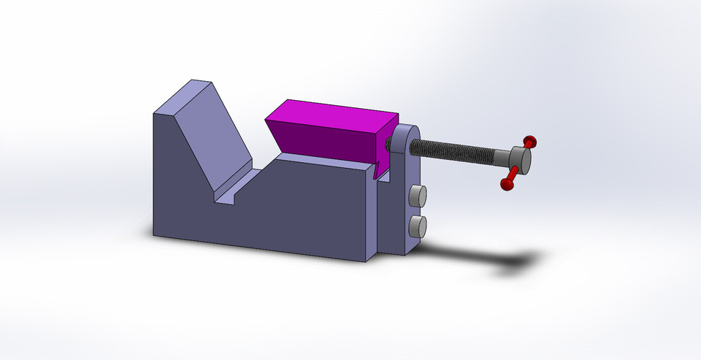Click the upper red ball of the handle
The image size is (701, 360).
[531, 139]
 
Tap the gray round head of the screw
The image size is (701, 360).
[521, 156]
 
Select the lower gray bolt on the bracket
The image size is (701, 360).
[417, 226]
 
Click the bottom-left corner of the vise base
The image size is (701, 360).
[155, 235]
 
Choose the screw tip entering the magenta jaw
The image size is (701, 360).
[386, 145]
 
